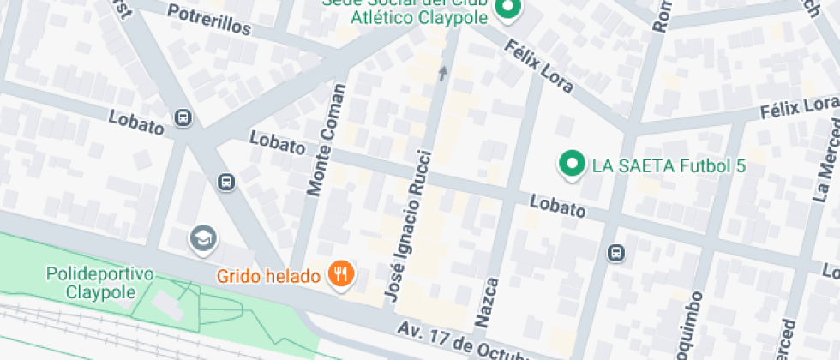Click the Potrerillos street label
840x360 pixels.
coord(210,21)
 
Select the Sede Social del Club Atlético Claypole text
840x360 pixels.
coord(405,10)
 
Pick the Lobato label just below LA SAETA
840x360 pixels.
coord(558,206)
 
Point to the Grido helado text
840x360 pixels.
coord(269,276)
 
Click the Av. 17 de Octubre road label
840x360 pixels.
coord(462,341)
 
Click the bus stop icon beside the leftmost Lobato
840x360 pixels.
coord(183,117)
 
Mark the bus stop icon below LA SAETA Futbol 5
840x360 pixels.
coord(615,253)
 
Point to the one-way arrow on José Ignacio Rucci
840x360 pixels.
coord(442,74)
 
